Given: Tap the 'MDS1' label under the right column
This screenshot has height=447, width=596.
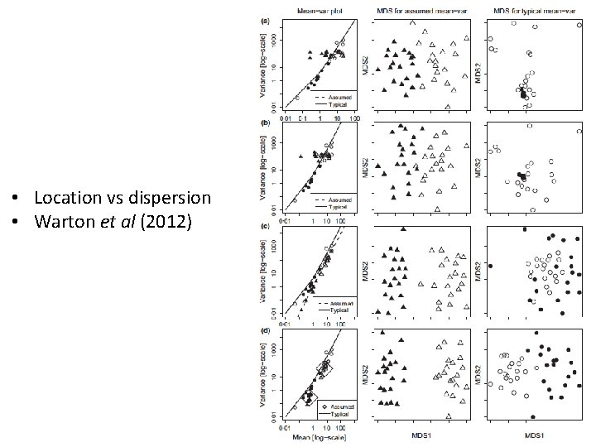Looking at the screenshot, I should coord(536,435).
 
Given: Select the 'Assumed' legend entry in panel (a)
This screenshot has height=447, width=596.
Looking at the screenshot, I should coord(339,96).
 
